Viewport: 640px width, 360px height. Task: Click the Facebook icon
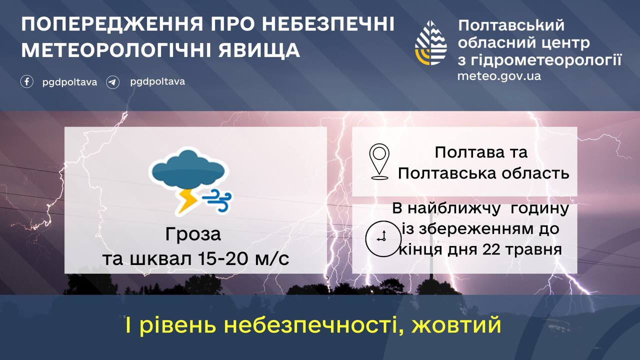point(27,81)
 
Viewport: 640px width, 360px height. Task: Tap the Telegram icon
point(113,82)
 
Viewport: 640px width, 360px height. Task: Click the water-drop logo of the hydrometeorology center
point(431,43)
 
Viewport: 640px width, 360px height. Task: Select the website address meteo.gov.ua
point(499,76)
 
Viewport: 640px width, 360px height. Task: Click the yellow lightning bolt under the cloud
point(187,201)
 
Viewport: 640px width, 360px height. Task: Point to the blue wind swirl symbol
point(217,200)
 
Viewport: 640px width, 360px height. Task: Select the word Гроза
point(193,234)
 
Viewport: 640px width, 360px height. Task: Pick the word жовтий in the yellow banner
point(456,325)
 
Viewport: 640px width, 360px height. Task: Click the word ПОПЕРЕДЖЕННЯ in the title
point(112,24)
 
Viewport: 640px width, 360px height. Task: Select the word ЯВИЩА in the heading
point(259,50)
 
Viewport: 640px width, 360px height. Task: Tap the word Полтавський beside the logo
point(511,25)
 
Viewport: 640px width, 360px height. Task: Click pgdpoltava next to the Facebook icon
point(69,82)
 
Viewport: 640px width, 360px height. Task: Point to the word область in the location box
point(535,173)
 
